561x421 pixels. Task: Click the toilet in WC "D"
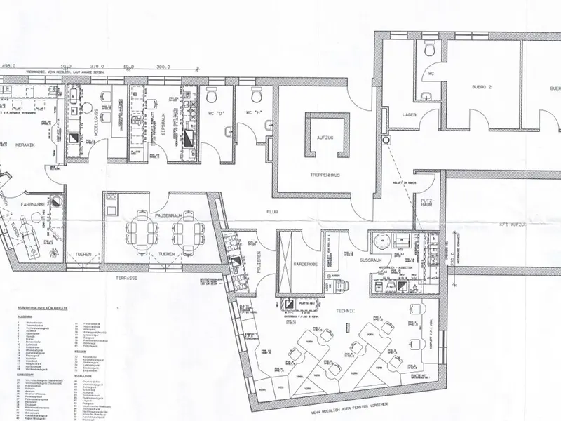pyautogui.click(x=213, y=94)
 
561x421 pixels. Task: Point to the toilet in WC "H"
pyautogui.click(x=255, y=94)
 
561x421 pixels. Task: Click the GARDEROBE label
pyautogui.click(x=299, y=264)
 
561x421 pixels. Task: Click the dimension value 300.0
pyautogui.click(x=163, y=68)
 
